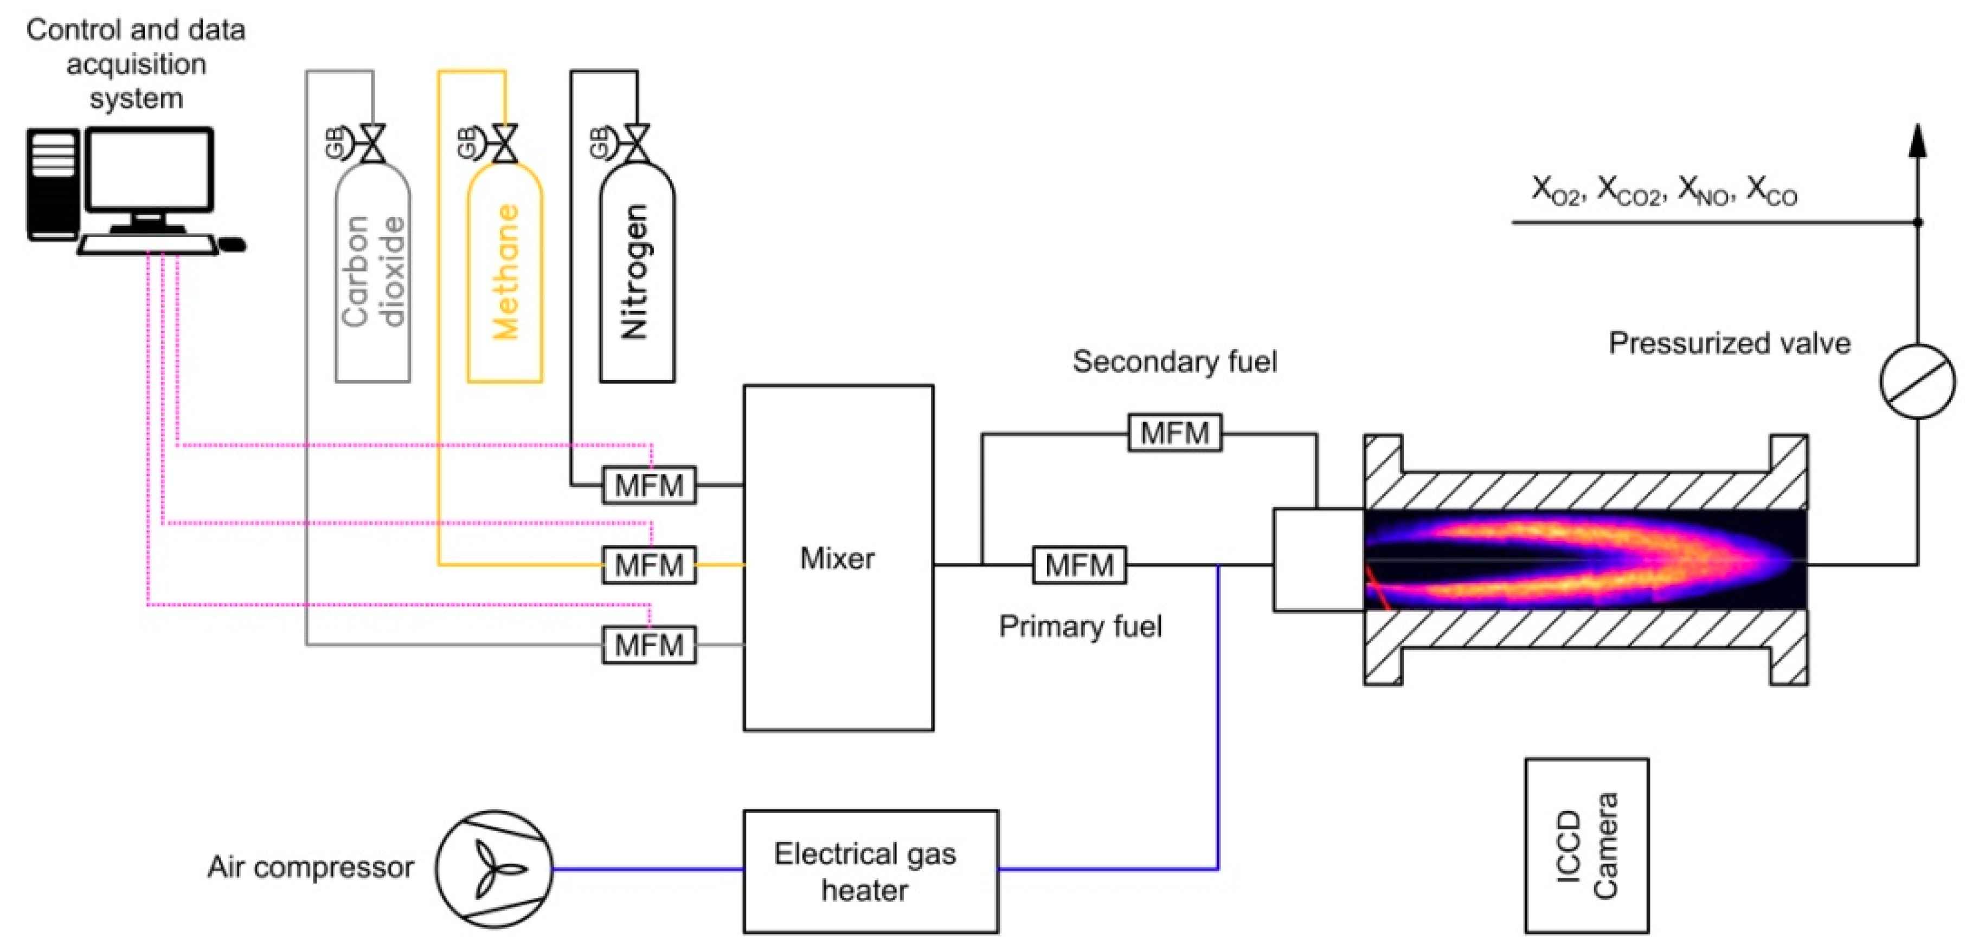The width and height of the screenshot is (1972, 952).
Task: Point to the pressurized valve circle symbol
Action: point(1916,381)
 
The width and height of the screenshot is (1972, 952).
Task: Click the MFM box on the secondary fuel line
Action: point(1174,433)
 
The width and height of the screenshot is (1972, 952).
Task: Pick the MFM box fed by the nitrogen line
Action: point(648,485)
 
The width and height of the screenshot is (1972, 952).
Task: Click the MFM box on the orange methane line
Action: point(648,565)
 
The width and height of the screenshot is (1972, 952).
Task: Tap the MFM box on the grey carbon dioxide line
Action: point(648,645)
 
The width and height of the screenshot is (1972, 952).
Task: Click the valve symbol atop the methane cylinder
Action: point(504,144)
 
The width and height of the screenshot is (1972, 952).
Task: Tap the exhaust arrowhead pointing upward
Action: point(1917,141)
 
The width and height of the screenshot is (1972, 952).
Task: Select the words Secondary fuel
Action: point(1174,361)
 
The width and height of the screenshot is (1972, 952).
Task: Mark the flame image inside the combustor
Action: point(1585,559)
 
